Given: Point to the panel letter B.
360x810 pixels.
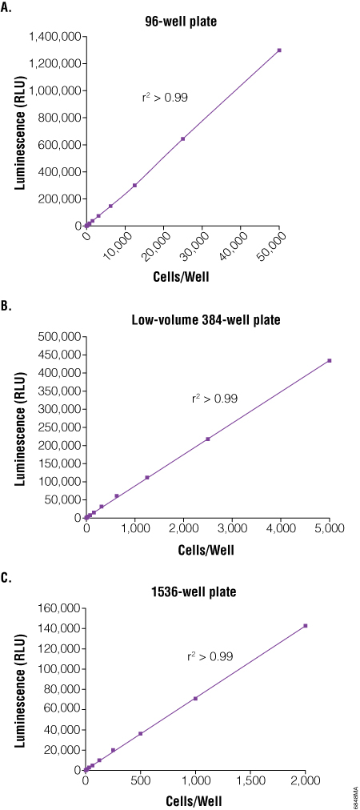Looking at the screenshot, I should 7,306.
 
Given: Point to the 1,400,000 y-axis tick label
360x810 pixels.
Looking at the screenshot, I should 54,37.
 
